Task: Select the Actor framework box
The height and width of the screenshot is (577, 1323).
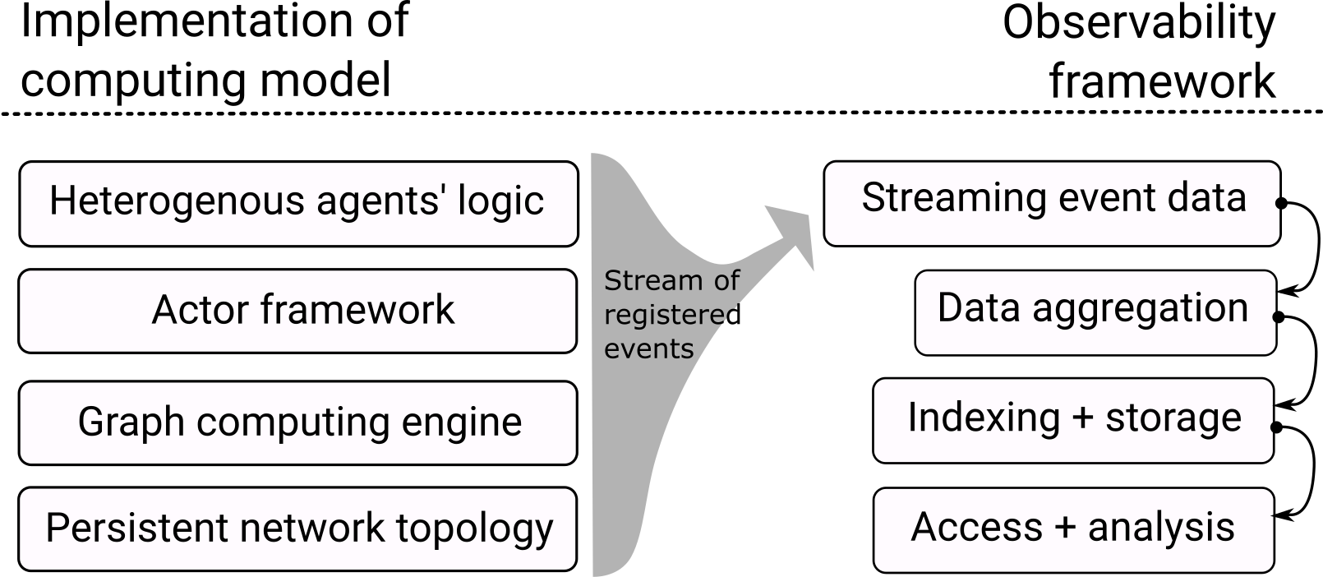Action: point(297,311)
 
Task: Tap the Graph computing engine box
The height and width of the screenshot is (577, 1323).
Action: point(297,422)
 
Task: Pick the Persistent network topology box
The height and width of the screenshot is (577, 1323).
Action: point(297,529)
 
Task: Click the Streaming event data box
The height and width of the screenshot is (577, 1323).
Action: point(1052,201)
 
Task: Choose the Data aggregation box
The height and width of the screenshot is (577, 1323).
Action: point(1095,311)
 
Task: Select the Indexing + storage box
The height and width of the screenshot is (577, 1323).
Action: point(1072,419)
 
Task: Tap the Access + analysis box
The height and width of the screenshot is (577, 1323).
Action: point(1072,529)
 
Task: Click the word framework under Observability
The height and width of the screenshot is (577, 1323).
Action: point(1162,81)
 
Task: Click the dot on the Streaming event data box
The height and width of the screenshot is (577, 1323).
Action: point(1280,203)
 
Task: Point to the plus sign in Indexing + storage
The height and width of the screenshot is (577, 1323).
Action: point(1082,418)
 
